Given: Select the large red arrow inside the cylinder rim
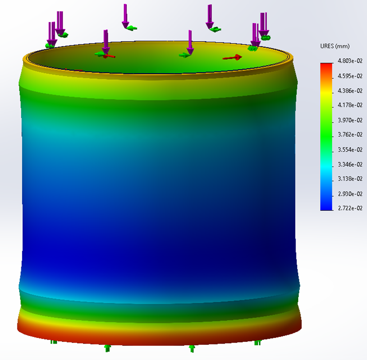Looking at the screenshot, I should (x=233, y=57).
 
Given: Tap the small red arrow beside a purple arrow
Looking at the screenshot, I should (x=110, y=56).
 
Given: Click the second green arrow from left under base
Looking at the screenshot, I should (x=107, y=348).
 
